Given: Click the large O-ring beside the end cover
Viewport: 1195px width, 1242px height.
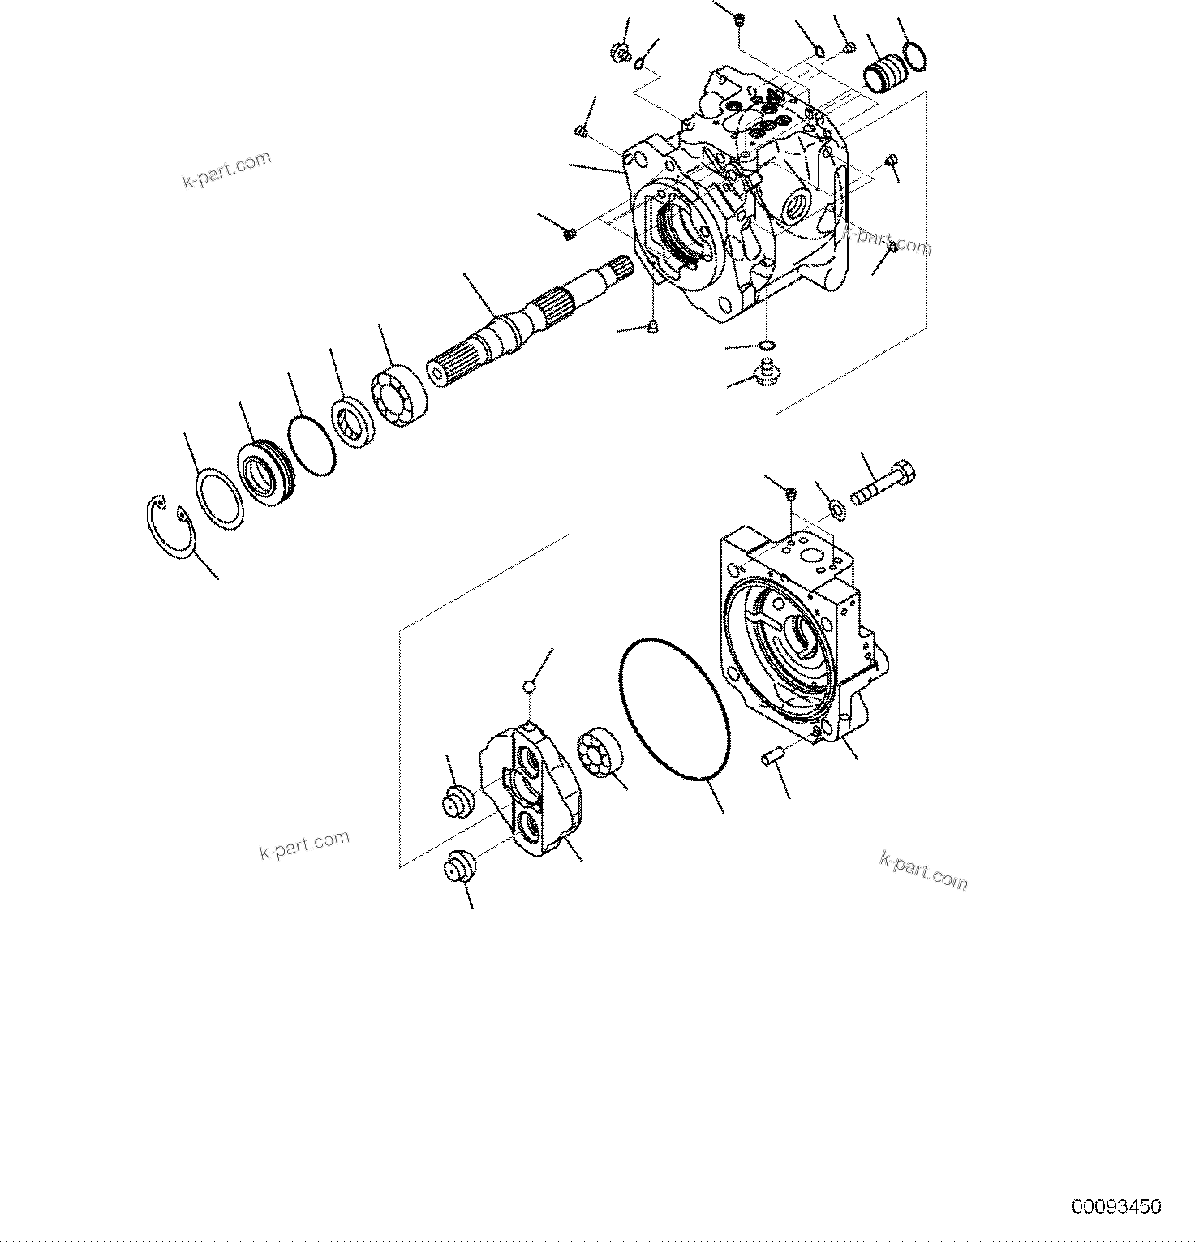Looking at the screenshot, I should point(673,708).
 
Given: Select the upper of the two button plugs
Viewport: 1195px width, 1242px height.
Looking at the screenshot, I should point(458,800).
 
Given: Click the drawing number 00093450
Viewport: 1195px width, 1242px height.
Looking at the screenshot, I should point(1116,1206).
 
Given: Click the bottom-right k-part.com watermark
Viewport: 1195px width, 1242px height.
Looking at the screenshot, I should point(923,870).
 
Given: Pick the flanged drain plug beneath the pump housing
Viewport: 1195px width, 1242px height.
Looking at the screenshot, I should point(763,372).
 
